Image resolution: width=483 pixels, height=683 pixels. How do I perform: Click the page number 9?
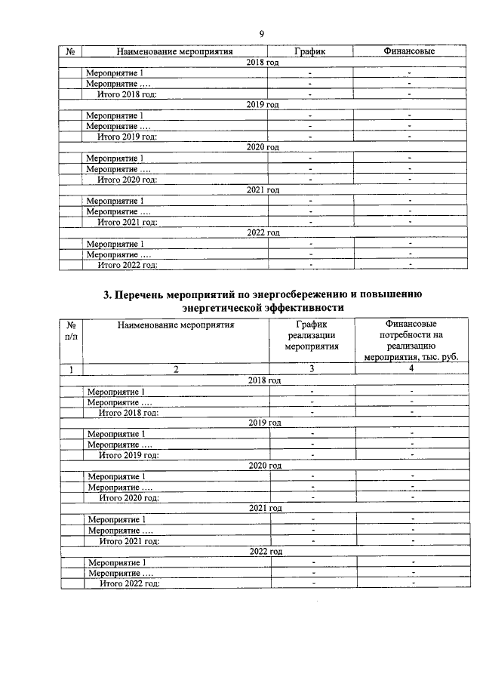pos(262,33)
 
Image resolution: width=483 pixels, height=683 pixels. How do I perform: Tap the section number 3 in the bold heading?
pos(106,295)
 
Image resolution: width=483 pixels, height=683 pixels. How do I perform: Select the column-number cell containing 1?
pos(71,370)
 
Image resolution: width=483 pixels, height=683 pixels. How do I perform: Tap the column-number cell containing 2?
pos(175,370)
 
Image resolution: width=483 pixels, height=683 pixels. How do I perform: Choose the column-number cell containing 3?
pos(311,370)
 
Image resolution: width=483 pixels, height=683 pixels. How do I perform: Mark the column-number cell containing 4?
pos(411,370)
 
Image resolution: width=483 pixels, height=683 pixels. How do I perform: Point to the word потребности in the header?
pos(411,336)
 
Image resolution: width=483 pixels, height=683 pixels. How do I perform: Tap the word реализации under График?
pos(311,336)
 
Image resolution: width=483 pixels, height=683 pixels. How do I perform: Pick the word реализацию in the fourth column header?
pos(411,347)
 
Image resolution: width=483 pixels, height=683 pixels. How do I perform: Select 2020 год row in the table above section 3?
pos(263,147)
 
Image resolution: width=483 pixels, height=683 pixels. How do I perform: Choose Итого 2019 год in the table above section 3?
pos(127,137)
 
